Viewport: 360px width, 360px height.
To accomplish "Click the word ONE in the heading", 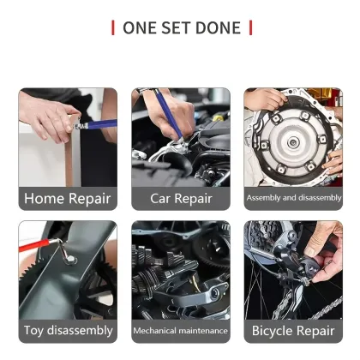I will coord(141,27).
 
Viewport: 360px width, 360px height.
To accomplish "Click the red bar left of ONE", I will coord(113,27).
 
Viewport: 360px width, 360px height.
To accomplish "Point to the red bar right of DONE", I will coord(250,27).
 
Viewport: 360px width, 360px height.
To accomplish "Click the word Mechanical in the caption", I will coord(155,330).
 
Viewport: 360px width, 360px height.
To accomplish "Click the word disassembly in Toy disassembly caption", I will coord(82,330).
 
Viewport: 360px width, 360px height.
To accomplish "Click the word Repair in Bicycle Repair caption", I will coord(317,330).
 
